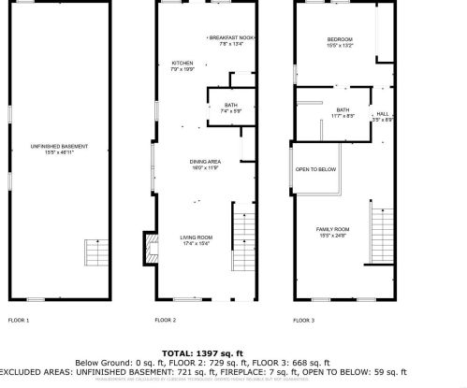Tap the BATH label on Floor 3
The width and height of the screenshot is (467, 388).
tap(343, 111)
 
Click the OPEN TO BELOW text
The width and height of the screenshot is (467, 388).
tap(315, 169)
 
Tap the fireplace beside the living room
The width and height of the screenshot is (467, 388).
tap(147, 245)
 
